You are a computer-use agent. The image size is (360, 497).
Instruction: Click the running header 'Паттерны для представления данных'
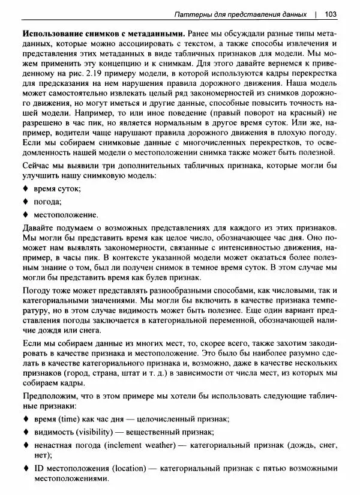[238, 14]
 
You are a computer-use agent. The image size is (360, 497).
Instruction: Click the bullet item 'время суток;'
[57, 188]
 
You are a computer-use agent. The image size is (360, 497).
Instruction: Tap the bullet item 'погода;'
[47, 201]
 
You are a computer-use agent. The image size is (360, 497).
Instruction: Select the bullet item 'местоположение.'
[65, 214]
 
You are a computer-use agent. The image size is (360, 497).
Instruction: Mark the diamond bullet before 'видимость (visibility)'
[25, 432]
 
